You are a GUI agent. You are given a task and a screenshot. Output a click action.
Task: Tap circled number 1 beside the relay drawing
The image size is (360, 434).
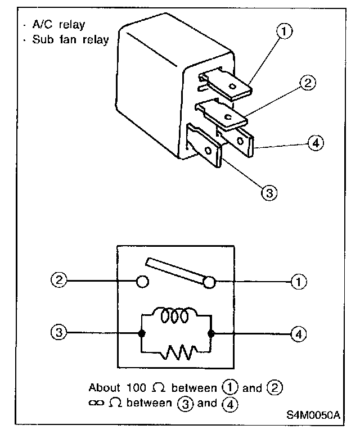[x=285, y=32]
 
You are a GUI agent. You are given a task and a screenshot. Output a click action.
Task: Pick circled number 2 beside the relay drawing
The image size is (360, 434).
[x=306, y=83]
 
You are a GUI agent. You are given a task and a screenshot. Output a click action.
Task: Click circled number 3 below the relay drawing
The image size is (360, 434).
[x=269, y=192]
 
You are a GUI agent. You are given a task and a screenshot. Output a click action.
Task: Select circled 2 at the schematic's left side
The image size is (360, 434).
[x=58, y=279]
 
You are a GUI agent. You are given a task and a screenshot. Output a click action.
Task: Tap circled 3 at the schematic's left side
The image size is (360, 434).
[x=58, y=333]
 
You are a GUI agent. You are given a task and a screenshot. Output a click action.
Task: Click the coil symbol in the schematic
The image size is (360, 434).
[x=175, y=316]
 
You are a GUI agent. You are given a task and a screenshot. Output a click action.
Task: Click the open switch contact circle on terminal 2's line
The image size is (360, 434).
[x=142, y=280]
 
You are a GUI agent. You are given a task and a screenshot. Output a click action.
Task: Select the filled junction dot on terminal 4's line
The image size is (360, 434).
[x=211, y=333]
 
